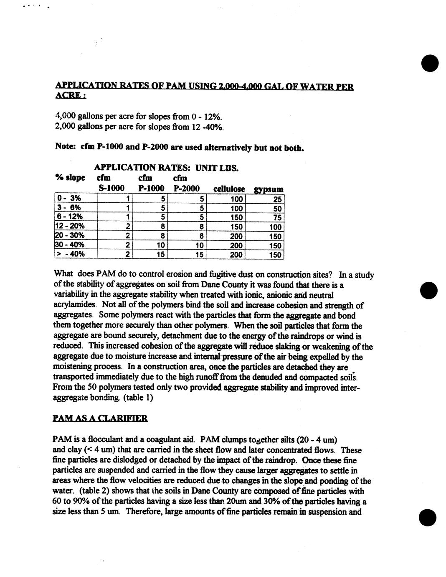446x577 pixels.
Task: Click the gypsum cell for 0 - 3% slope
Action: click(278, 199)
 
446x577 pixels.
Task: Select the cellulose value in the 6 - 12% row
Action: click(237, 217)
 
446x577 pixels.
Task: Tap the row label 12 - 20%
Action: click(70, 226)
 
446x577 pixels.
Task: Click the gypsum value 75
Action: click(278, 217)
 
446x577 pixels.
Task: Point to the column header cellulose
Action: click(229, 189)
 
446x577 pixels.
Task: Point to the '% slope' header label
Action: click(70, 178)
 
